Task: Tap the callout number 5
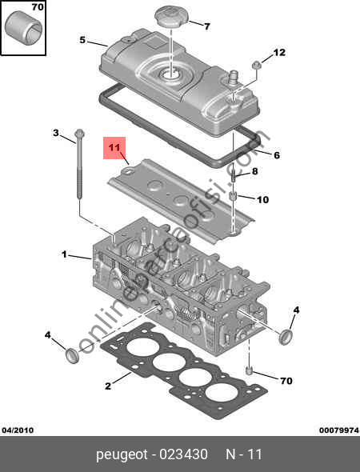click(x=82, y=40)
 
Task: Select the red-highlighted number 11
click(x=114, y=148)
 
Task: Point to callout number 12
click(x=279, y=52)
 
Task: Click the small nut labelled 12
click(x=256, y=65)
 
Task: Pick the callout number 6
click(x=277, y=155)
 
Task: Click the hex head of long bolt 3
click(x=79, y=133)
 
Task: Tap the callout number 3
click(x=56, y=133)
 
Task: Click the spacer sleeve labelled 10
click(x=233, y=196)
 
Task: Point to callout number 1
click(x=64, y=254)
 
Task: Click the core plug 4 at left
click(x=72, y=355)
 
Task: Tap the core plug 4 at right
click(x=286, y=337)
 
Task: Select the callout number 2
click(x=108, y=386)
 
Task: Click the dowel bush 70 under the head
click(x=248, y=370)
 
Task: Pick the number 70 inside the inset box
click(x=38, y=6)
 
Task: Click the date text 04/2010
click(x=18, y=430)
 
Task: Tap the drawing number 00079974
click(x=339, y=430)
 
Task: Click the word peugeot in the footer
click(x=122, y=454)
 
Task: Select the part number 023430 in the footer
click(x=184, y=454)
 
